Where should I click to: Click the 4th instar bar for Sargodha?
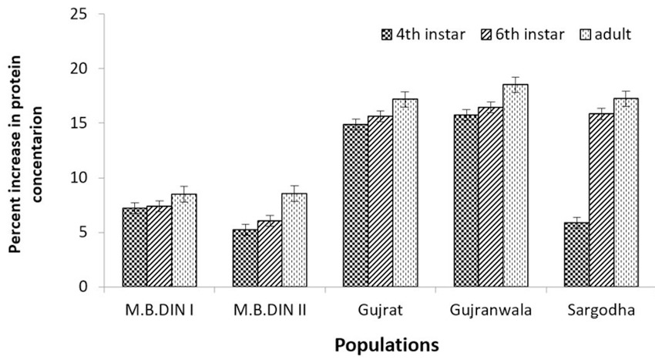click(x=576, y=254)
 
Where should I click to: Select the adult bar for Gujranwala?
click(x=516, y=186)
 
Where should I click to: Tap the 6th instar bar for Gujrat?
click(x=380, y=201)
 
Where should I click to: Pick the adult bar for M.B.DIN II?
click(x=294, y=240)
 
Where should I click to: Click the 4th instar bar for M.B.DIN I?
click(x=135, y=247)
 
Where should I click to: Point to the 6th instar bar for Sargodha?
click(x=602, y=200)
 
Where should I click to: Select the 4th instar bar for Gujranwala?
click(x=466, y=201)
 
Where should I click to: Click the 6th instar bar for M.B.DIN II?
click(x=270, y=254)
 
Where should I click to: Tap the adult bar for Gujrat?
click(x=405, y=193)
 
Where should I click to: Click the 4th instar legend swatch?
click(x=387, y=35)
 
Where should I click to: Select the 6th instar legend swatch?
click(x=487, y=35)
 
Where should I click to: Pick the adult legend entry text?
click(x=613, y=34)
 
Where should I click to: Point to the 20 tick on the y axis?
click(x=101, y=69)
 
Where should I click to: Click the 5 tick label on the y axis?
click(x=82, y=233)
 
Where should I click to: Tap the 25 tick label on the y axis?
click(x=79, y=14)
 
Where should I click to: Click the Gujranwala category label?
click(x=491, y=311)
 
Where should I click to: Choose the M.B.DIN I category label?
click(x=160, y=311)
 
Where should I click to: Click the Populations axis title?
click(x=387, y=346)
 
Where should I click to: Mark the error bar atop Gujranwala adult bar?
click(x=516, y=85)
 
